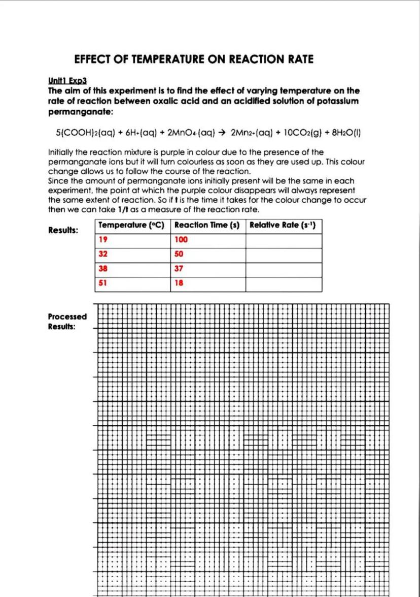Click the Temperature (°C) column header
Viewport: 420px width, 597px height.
131,226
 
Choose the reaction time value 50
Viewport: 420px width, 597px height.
179,255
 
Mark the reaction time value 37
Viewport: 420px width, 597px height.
179,269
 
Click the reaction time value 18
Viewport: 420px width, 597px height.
179,284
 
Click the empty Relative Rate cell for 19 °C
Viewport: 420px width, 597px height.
284,240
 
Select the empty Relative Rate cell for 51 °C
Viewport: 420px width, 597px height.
284,284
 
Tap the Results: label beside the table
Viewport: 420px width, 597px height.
63,231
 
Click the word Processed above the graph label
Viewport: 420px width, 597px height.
67,317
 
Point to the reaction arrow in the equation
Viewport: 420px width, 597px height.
222,133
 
